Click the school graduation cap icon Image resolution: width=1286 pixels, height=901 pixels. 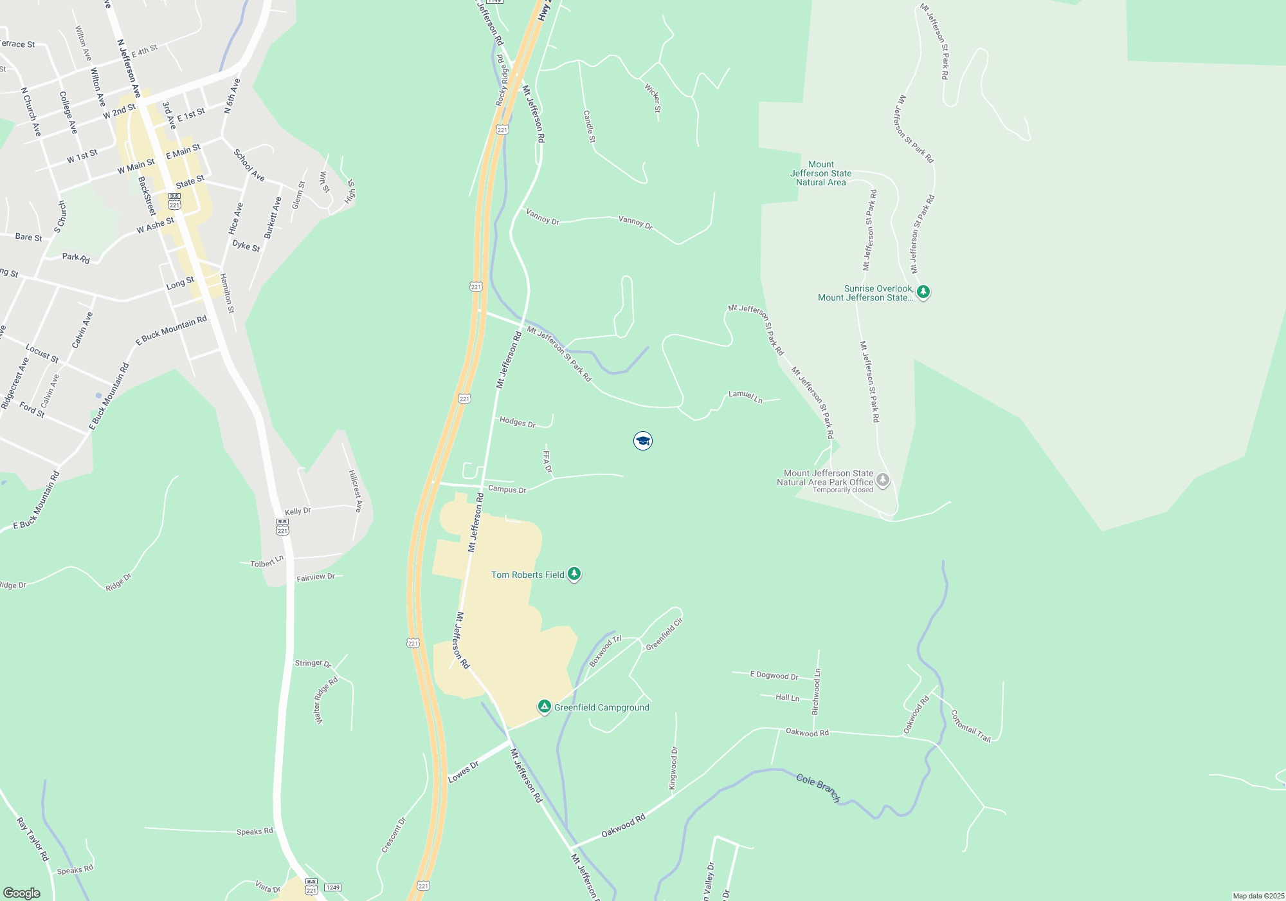[642, 441]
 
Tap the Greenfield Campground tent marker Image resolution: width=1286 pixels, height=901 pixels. [545, 707]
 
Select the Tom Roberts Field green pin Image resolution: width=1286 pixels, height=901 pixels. [574, 573]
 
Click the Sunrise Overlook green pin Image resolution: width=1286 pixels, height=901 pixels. [923, 292]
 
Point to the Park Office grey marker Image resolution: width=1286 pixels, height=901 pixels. [883, 480]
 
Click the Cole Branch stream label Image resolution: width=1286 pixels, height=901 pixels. [818, 787]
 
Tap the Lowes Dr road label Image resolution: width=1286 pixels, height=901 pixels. [464, 772]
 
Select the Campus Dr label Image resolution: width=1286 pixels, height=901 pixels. [507, 489]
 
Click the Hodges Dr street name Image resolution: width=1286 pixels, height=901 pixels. [518, 422]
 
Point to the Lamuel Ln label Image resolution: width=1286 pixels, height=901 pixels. [745, 396]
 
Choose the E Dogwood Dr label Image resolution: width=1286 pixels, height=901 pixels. [774, 675]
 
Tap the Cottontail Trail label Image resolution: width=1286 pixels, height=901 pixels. [970, 726]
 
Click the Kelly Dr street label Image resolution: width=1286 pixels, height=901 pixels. [298, 511]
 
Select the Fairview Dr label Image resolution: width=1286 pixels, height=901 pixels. [316, 577]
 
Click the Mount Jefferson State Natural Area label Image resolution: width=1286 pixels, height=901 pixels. [821, 174]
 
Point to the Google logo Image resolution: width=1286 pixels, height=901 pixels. [22, 893]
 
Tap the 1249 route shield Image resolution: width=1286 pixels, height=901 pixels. [332, 887]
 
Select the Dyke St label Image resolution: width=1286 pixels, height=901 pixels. [246, 246]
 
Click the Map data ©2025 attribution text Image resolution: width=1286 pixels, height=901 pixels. [1258, 896]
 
